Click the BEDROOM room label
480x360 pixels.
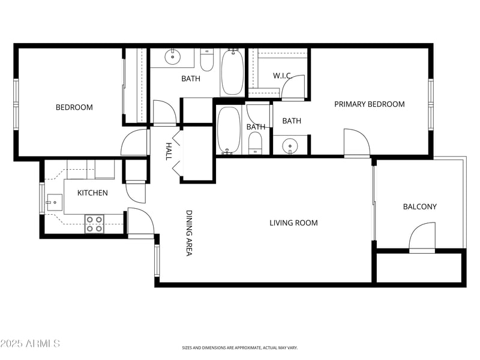[x=74, y=107]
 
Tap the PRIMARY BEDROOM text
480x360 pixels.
[x=369, y=104]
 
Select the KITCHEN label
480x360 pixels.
[x=92, y=193]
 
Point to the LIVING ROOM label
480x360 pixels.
[x=293, y=223]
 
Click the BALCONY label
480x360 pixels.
[x=419, y=207]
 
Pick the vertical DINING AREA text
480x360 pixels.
[x=188, y=233]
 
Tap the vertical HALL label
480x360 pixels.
[x=169, y=151]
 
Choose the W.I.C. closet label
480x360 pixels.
[x=283, y=76]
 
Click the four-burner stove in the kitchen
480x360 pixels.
[x=94, y=224]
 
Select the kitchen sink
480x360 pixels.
[x=55, y=202]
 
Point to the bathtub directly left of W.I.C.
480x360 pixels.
[x=232, y=72]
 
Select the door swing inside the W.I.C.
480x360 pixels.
[x=294, y=88]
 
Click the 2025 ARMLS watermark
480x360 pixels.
[x=30, y=344]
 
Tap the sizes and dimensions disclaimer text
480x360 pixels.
[x=240, y=347]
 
